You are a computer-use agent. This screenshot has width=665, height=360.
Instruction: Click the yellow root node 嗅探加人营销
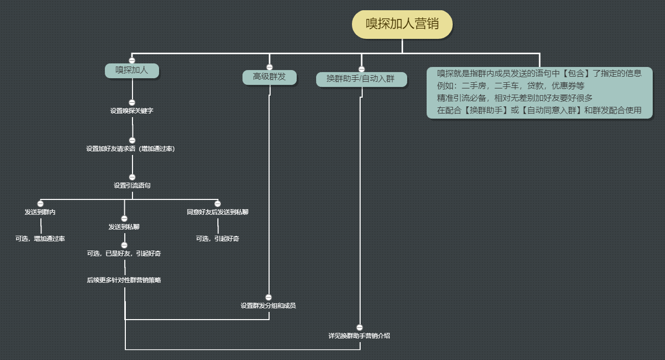(402, 25)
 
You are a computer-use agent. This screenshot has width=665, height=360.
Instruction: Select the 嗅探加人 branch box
(132, 71)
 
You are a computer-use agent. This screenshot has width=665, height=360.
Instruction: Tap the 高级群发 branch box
(269, 77)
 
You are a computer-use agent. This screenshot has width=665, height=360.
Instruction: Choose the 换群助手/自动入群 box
(361, 79)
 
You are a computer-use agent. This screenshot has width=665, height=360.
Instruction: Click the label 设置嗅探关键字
(132, 110)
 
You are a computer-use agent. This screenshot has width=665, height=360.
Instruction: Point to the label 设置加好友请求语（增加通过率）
(130, 149)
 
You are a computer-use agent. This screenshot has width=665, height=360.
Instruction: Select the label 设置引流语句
(132, 186)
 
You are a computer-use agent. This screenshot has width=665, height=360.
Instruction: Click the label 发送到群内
(40, 212)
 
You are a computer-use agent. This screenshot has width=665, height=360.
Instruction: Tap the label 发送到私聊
(124, 227)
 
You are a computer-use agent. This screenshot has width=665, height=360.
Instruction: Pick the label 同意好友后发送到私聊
(217, 212)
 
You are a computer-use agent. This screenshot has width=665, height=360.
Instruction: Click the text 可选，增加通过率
(40, 239)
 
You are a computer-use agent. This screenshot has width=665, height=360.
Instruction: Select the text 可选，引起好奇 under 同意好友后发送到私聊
(217, 239)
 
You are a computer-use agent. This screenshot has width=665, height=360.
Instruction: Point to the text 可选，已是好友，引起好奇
(124, 254)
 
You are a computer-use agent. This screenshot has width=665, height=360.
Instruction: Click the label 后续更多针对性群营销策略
(124, 280)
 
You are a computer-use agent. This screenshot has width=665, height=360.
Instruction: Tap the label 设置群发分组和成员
(268, 306)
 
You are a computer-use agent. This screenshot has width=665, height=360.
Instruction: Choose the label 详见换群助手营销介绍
(359, 335)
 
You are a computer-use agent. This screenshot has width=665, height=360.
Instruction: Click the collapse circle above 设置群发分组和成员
(269, 298)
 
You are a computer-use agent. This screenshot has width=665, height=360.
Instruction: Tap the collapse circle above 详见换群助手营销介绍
(360, 327)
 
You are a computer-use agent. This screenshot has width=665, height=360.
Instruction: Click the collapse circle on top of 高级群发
(270, 67)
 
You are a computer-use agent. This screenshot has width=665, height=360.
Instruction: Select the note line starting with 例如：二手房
(511, 86)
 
